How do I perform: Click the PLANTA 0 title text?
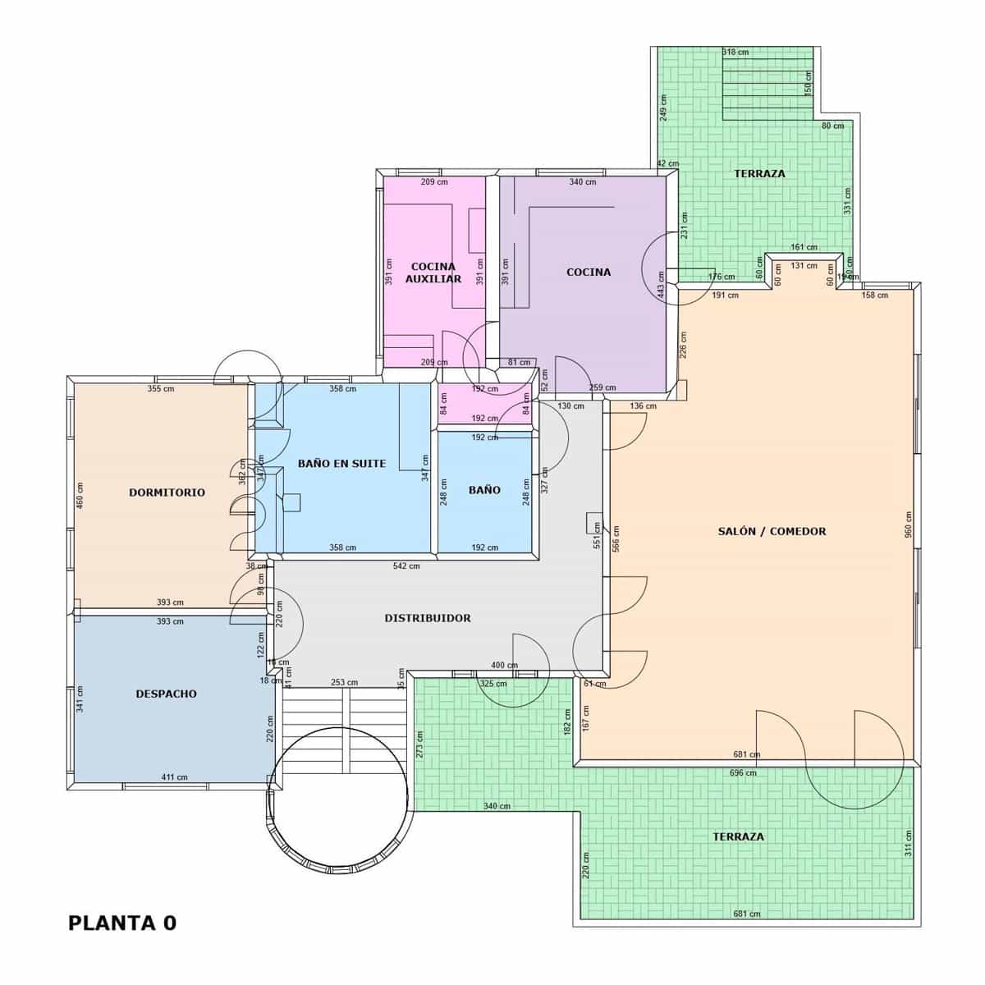point(121,923)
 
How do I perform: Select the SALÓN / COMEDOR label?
point(772,531)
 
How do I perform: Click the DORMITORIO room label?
point(167,492)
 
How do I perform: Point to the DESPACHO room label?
point(166,694)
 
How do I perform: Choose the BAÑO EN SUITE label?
point(341,463)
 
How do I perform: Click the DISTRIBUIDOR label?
point(428,617)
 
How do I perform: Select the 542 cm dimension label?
point(406,566)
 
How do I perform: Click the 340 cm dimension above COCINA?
point(583,182)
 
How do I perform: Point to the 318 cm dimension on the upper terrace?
point(735,52)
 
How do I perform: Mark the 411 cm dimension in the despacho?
point(174,777)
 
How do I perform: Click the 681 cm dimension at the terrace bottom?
point(746,914)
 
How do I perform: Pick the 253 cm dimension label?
point(344,682)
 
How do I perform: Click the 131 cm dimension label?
point(804,265)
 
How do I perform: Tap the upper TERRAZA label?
point(759,173)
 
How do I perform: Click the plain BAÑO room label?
point(484,490)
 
